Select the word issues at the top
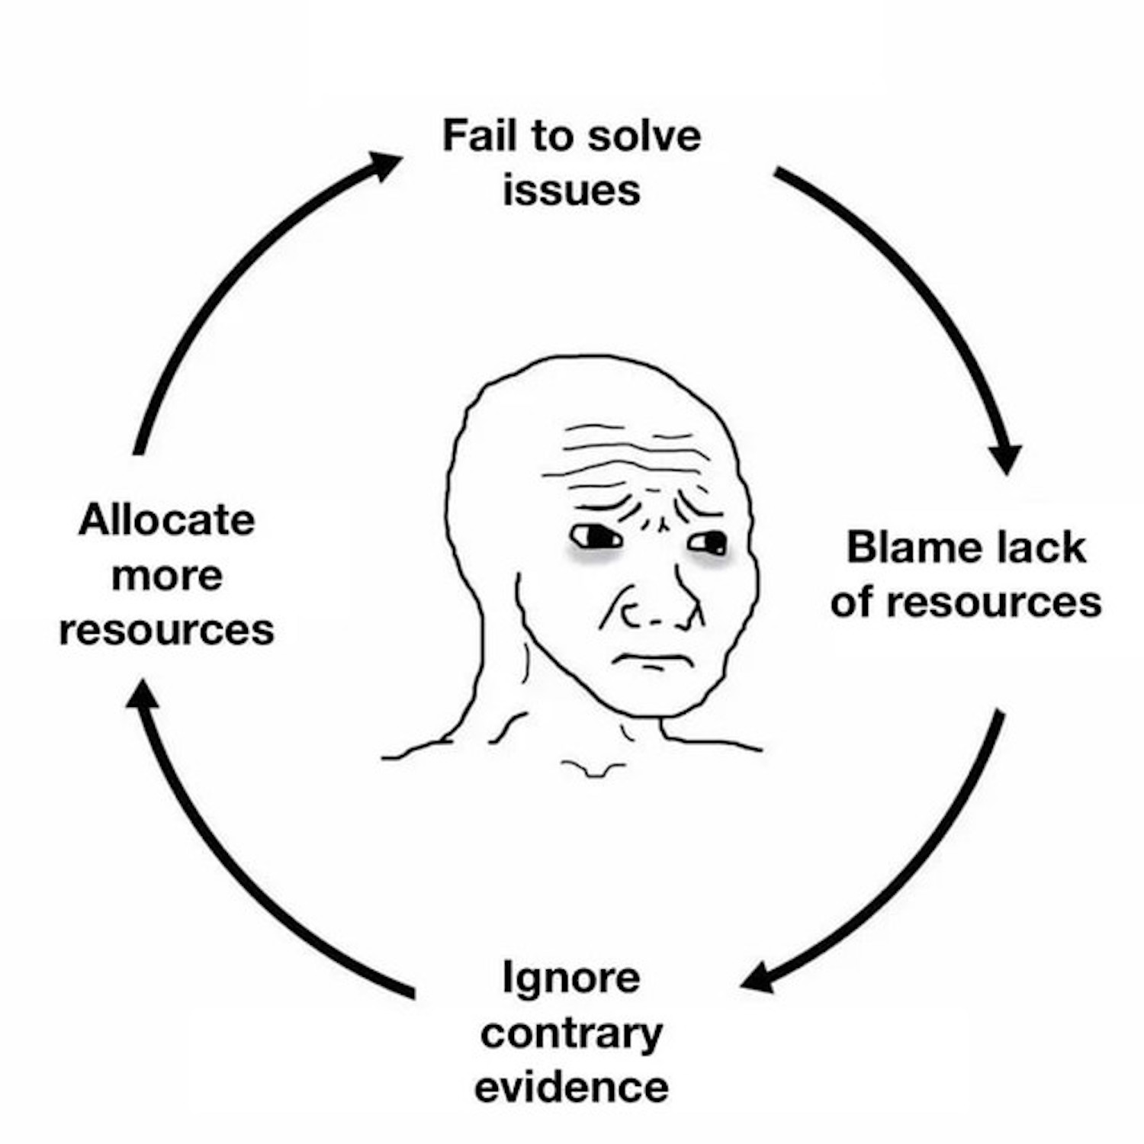[571, 190]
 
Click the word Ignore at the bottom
[571, 978]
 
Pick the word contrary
[571, 1034]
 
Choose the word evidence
[571, 1088]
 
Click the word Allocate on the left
[166, 521]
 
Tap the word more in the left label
[166, 576]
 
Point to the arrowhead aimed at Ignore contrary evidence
[757, 979]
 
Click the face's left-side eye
[596, 538]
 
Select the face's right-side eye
[709, 543]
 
